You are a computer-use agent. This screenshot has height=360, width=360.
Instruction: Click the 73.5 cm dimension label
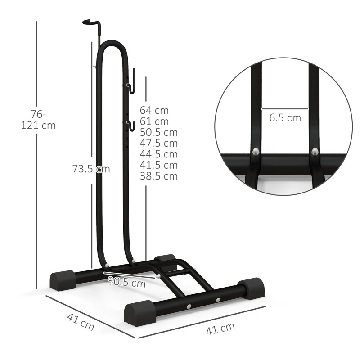pos(91,169)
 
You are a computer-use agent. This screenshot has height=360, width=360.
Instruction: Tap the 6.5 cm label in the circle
pos(285,118)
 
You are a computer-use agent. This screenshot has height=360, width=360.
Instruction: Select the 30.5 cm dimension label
pos(126,283)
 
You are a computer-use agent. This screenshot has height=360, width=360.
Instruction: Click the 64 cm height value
pos(154,110)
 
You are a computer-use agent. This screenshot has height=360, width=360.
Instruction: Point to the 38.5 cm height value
pos(158,176)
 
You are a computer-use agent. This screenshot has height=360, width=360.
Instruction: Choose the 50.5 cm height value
pos(158,132)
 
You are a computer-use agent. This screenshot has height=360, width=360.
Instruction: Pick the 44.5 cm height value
pos(158,154)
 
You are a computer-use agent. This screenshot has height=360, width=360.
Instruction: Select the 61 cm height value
pos(154,121)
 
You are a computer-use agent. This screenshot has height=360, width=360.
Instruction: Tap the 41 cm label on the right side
pos(220,329)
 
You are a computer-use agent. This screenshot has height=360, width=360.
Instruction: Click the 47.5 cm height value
pos(158,144)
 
